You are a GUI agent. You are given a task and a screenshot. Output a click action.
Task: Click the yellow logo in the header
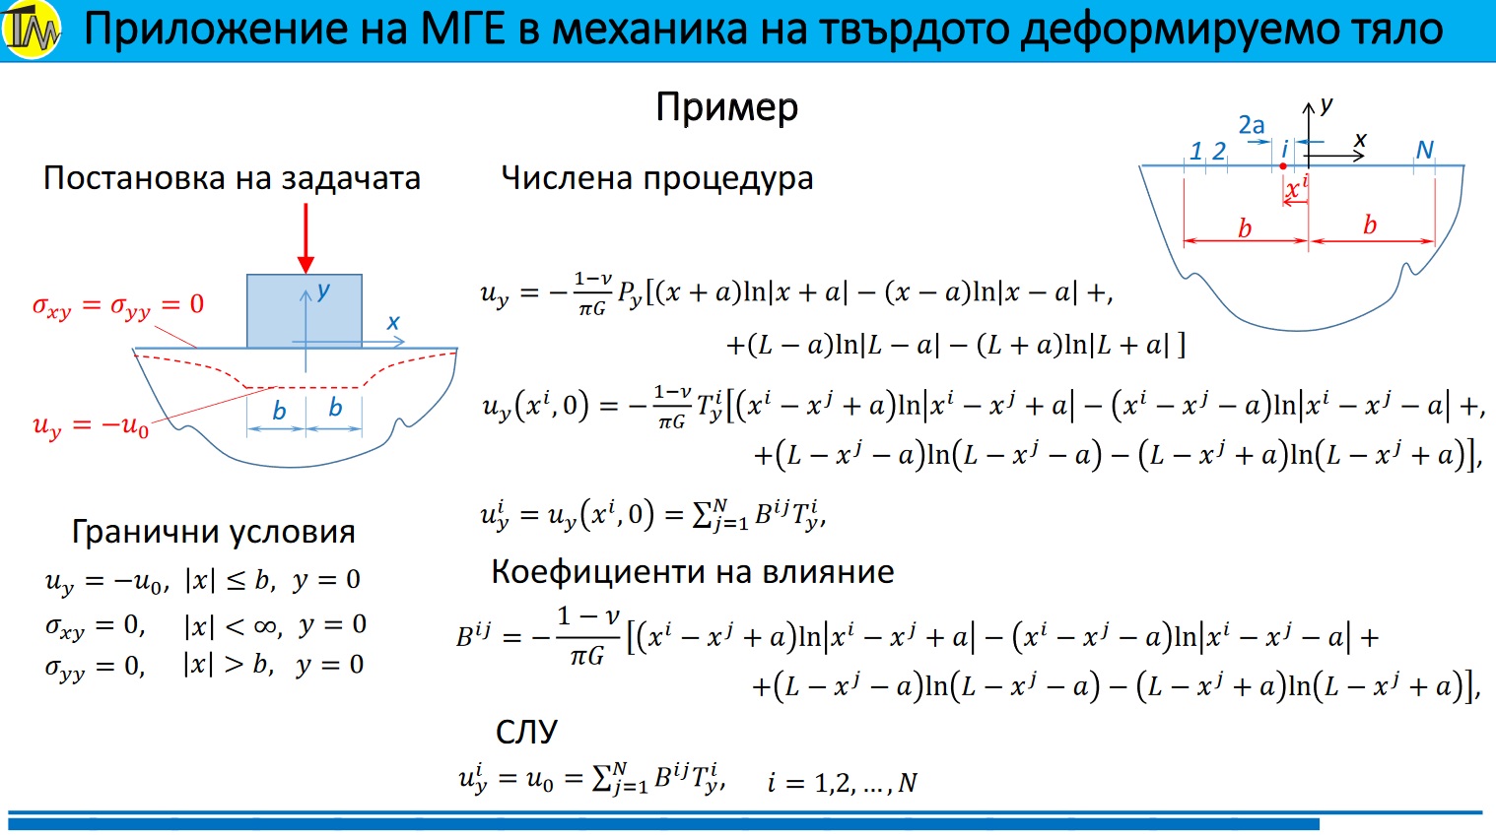[31, 30]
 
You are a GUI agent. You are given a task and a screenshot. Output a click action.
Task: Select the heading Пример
[726, 107]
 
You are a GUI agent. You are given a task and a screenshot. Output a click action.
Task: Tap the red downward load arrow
[306, 238]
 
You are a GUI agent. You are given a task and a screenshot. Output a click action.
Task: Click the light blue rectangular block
[305, 311]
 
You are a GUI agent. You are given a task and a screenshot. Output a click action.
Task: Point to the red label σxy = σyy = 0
[118, 305]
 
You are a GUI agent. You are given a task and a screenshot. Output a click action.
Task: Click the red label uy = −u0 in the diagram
[91, 425]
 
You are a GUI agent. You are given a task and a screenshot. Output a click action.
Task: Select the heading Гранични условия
[213, 532]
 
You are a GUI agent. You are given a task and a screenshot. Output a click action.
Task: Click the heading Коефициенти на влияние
[693, 572]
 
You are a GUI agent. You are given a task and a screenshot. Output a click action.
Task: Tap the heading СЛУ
[526, 733]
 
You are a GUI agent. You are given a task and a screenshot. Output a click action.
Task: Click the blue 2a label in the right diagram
[1252, 125]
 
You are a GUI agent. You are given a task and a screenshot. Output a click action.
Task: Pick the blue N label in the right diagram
[1424, 150]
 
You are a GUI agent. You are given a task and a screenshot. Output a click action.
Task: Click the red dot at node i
[1283, 166]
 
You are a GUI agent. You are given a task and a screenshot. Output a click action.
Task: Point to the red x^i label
[1296, 187]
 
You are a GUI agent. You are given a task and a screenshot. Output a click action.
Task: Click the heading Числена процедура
[657, 178]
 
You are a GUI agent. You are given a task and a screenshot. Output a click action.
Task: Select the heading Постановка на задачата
[232, 178]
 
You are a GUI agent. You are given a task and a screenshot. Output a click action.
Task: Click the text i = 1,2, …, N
[843, 782]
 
